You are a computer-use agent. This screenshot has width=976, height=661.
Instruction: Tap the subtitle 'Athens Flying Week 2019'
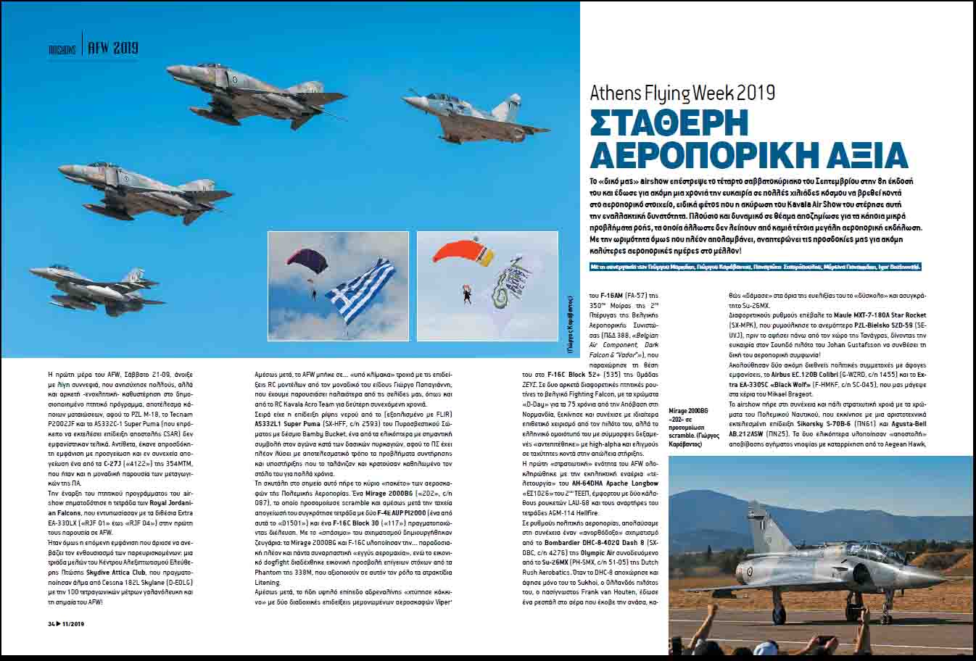682,93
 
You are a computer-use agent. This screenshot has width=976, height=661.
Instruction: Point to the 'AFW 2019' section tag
112,49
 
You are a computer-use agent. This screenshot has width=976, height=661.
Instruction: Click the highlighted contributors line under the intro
755,267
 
